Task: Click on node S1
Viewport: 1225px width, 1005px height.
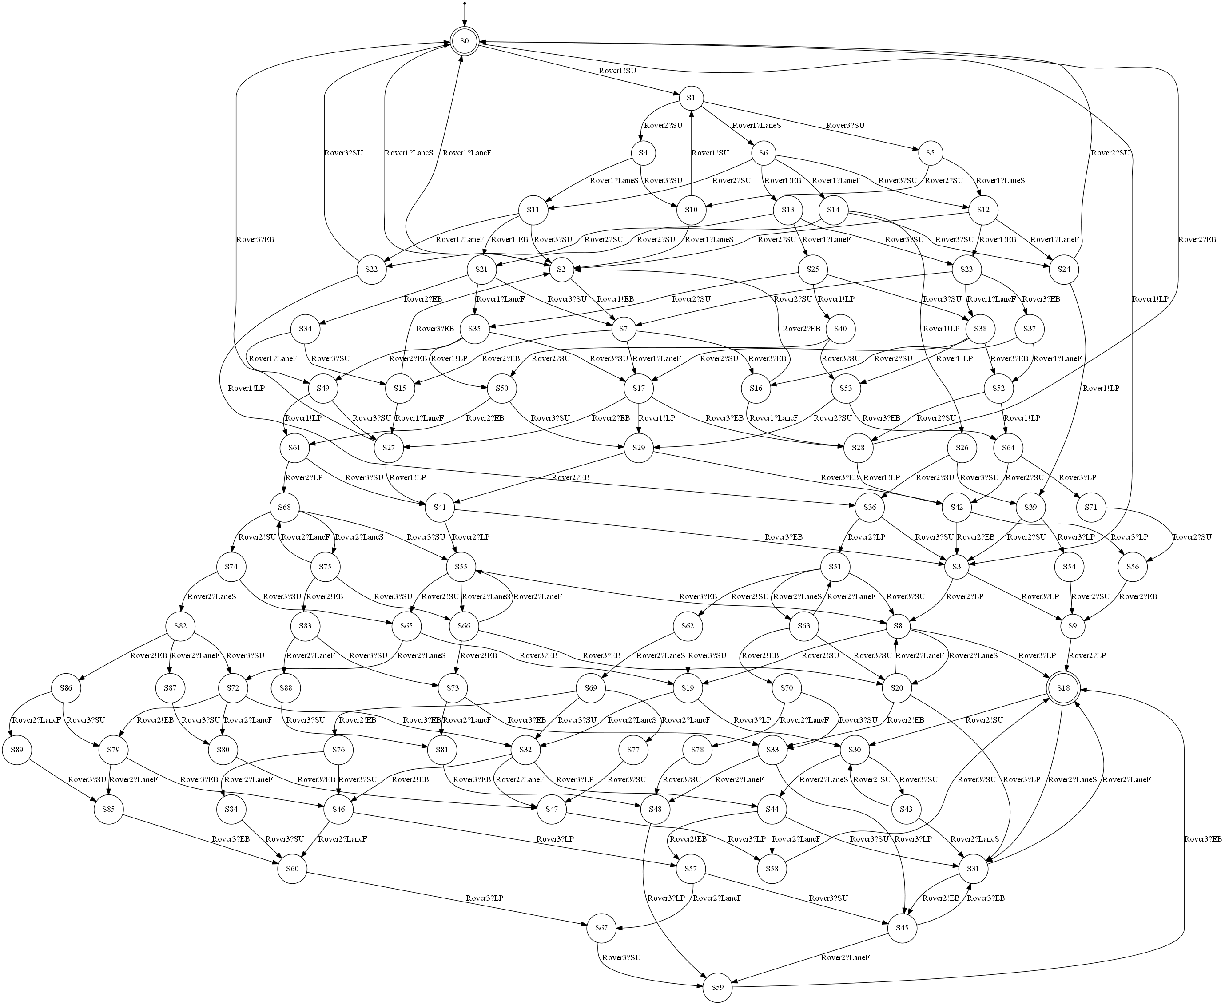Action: [x=691, y=98]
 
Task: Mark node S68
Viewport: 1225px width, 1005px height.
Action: [x=284, y=508]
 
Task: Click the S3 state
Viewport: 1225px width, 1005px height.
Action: [x=956, y=567]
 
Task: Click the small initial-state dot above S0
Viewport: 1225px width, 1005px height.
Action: [x=464, y=4]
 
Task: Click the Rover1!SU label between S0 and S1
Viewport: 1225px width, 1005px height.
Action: [x=617, y=71]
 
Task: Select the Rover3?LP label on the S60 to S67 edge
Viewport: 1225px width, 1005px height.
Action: [x=484, y=898]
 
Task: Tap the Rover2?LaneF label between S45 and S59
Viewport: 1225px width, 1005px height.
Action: [x=845, y=957]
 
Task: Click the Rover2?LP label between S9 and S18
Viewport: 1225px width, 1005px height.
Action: [x=1086, y=656]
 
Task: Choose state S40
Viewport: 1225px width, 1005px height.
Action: [x=841, y=329]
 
